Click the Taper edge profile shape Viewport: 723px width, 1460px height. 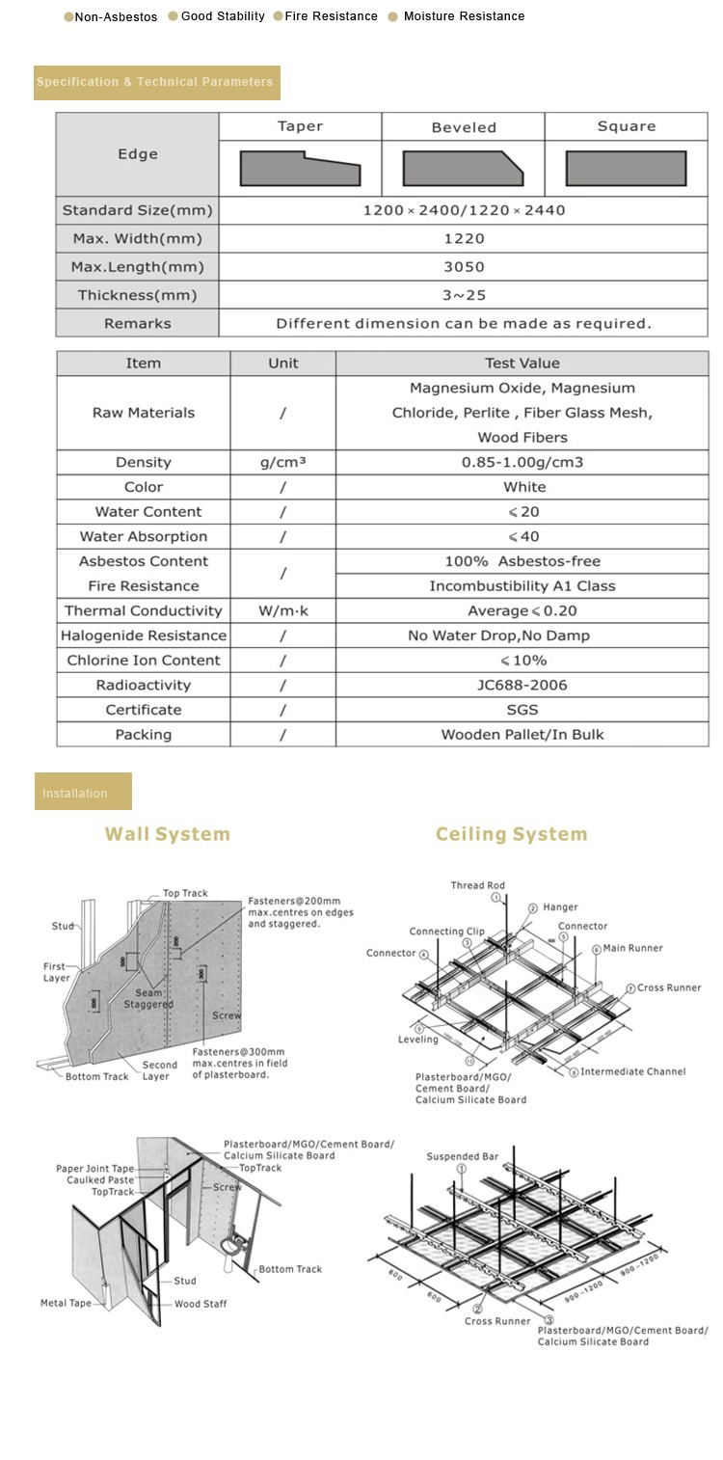[300, 169]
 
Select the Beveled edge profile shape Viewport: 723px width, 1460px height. [463, 169]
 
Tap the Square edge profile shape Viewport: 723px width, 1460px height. [626, 169]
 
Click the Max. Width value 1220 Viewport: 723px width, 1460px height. [464, 238]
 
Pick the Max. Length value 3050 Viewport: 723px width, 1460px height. [464, 267]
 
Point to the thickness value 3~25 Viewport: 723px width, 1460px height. [464, 295]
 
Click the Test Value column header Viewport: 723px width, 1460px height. [522, 364]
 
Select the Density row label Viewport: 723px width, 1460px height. [143, 463]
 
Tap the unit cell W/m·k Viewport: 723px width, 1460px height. [282, 610]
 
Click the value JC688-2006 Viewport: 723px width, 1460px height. [522, 685]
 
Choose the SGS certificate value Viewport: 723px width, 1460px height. [522, 710]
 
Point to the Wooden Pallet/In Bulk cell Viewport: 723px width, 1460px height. [522, 735]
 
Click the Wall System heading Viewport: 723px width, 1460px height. [168, 834]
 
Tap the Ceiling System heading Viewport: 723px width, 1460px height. [511, 834]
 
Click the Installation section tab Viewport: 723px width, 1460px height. [83, 793]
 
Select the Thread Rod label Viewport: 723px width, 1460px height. [477, 885]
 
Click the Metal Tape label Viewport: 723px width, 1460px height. [66, 1304]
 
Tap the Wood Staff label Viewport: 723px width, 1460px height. [201, 1304]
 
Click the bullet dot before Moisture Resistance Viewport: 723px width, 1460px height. [392, 17]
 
